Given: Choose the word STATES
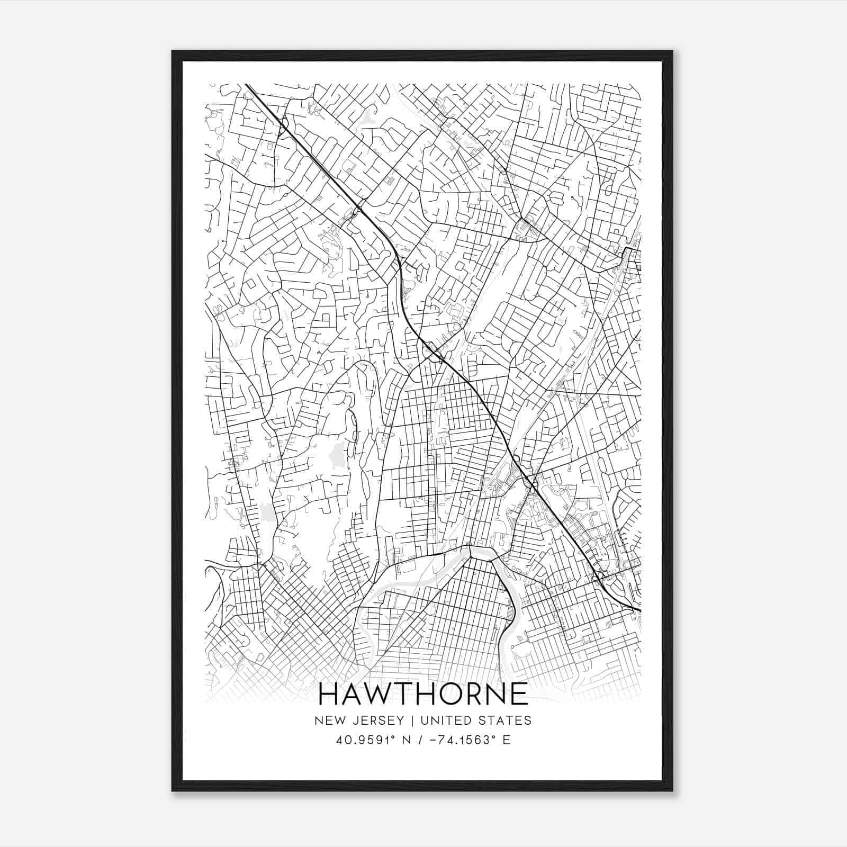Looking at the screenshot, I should [x=506, y=720].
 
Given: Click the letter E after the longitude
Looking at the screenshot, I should [x=507, y=740].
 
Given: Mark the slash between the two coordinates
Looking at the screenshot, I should [x=421, y=740].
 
